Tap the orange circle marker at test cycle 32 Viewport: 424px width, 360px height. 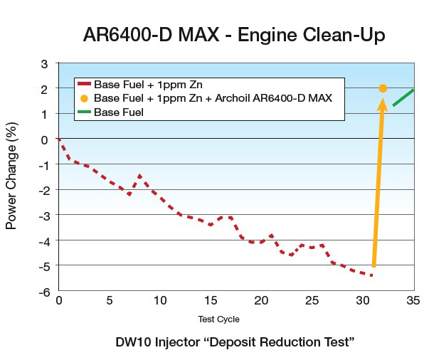[x=383, y=88]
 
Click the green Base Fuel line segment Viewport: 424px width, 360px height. [x=403, y=97]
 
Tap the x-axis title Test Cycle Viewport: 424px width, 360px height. [x=218, y=319]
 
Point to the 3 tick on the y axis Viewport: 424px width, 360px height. [x=44, y=63]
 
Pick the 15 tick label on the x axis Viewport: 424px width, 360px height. [x=210, y=301]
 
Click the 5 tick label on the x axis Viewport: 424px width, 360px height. [x=109, y=301]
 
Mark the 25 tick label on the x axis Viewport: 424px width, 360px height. [x=312, y=301]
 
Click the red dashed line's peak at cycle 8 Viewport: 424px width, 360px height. [x=139, y=175]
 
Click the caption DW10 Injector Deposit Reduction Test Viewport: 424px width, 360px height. [x=235, y=342]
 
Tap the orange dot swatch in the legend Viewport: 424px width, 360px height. [x=85, y=97]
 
